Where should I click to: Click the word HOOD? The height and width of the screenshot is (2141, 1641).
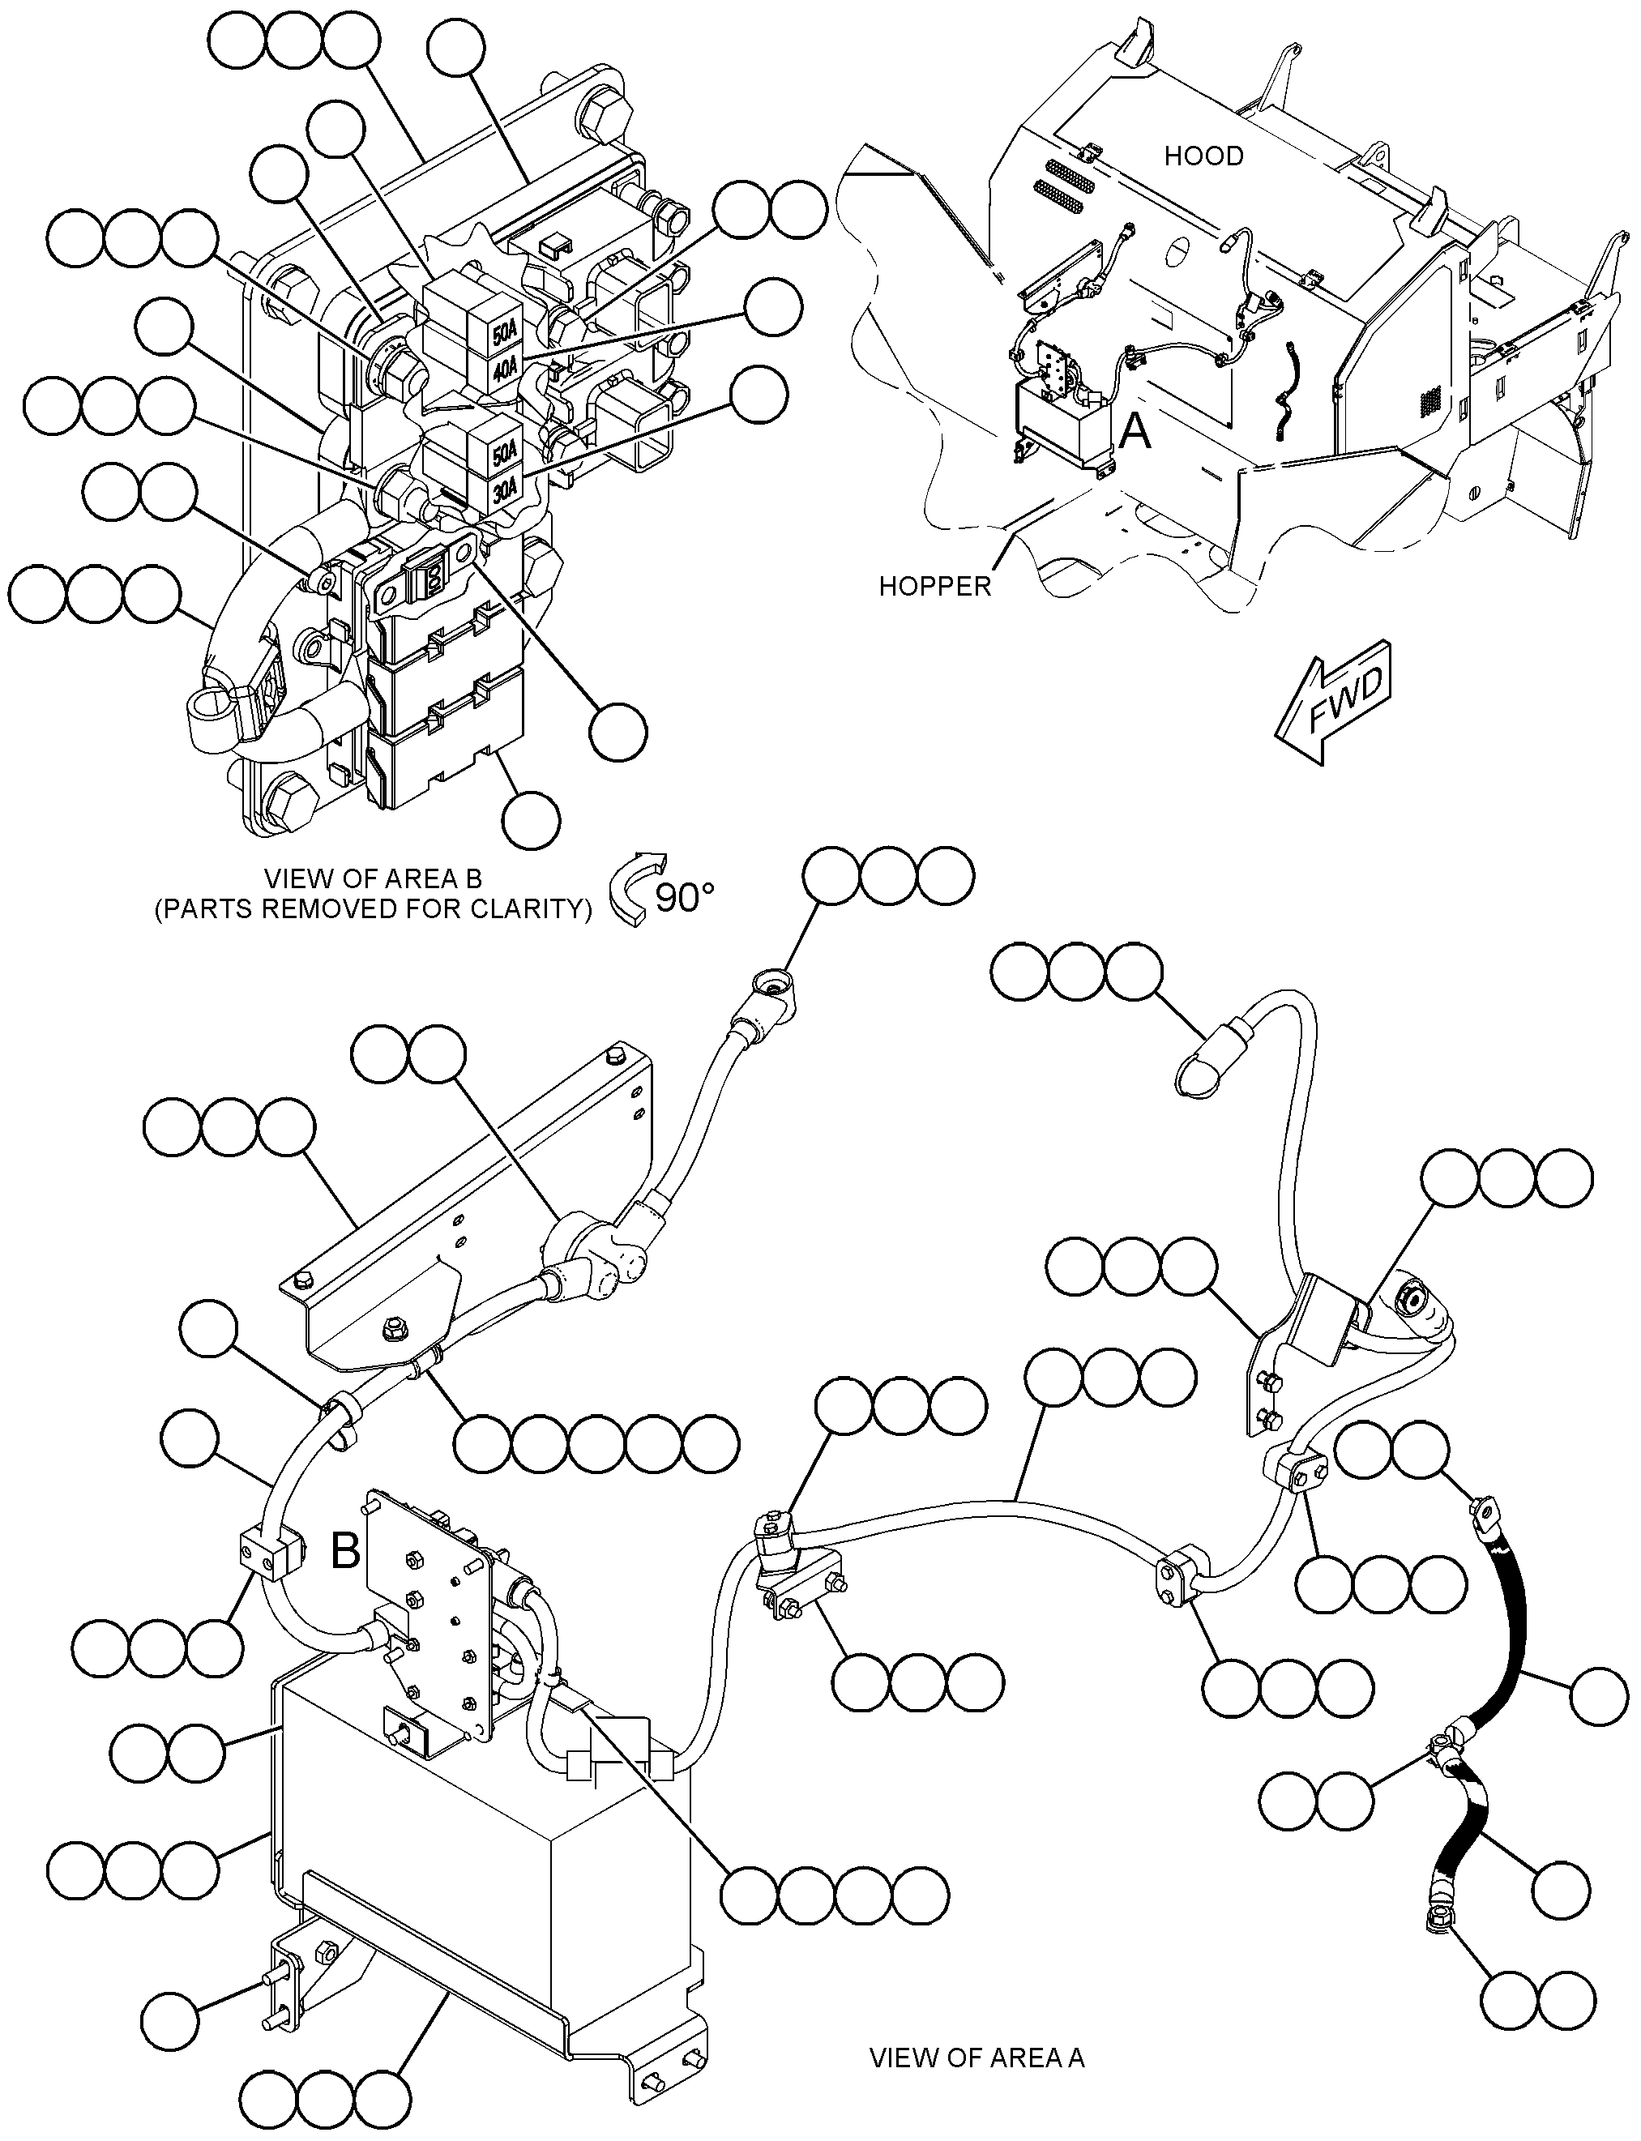click(1203, 156)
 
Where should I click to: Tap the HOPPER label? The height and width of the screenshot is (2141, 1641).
click(935, 586)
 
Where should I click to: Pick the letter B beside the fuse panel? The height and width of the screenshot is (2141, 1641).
click(346, 1550)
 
